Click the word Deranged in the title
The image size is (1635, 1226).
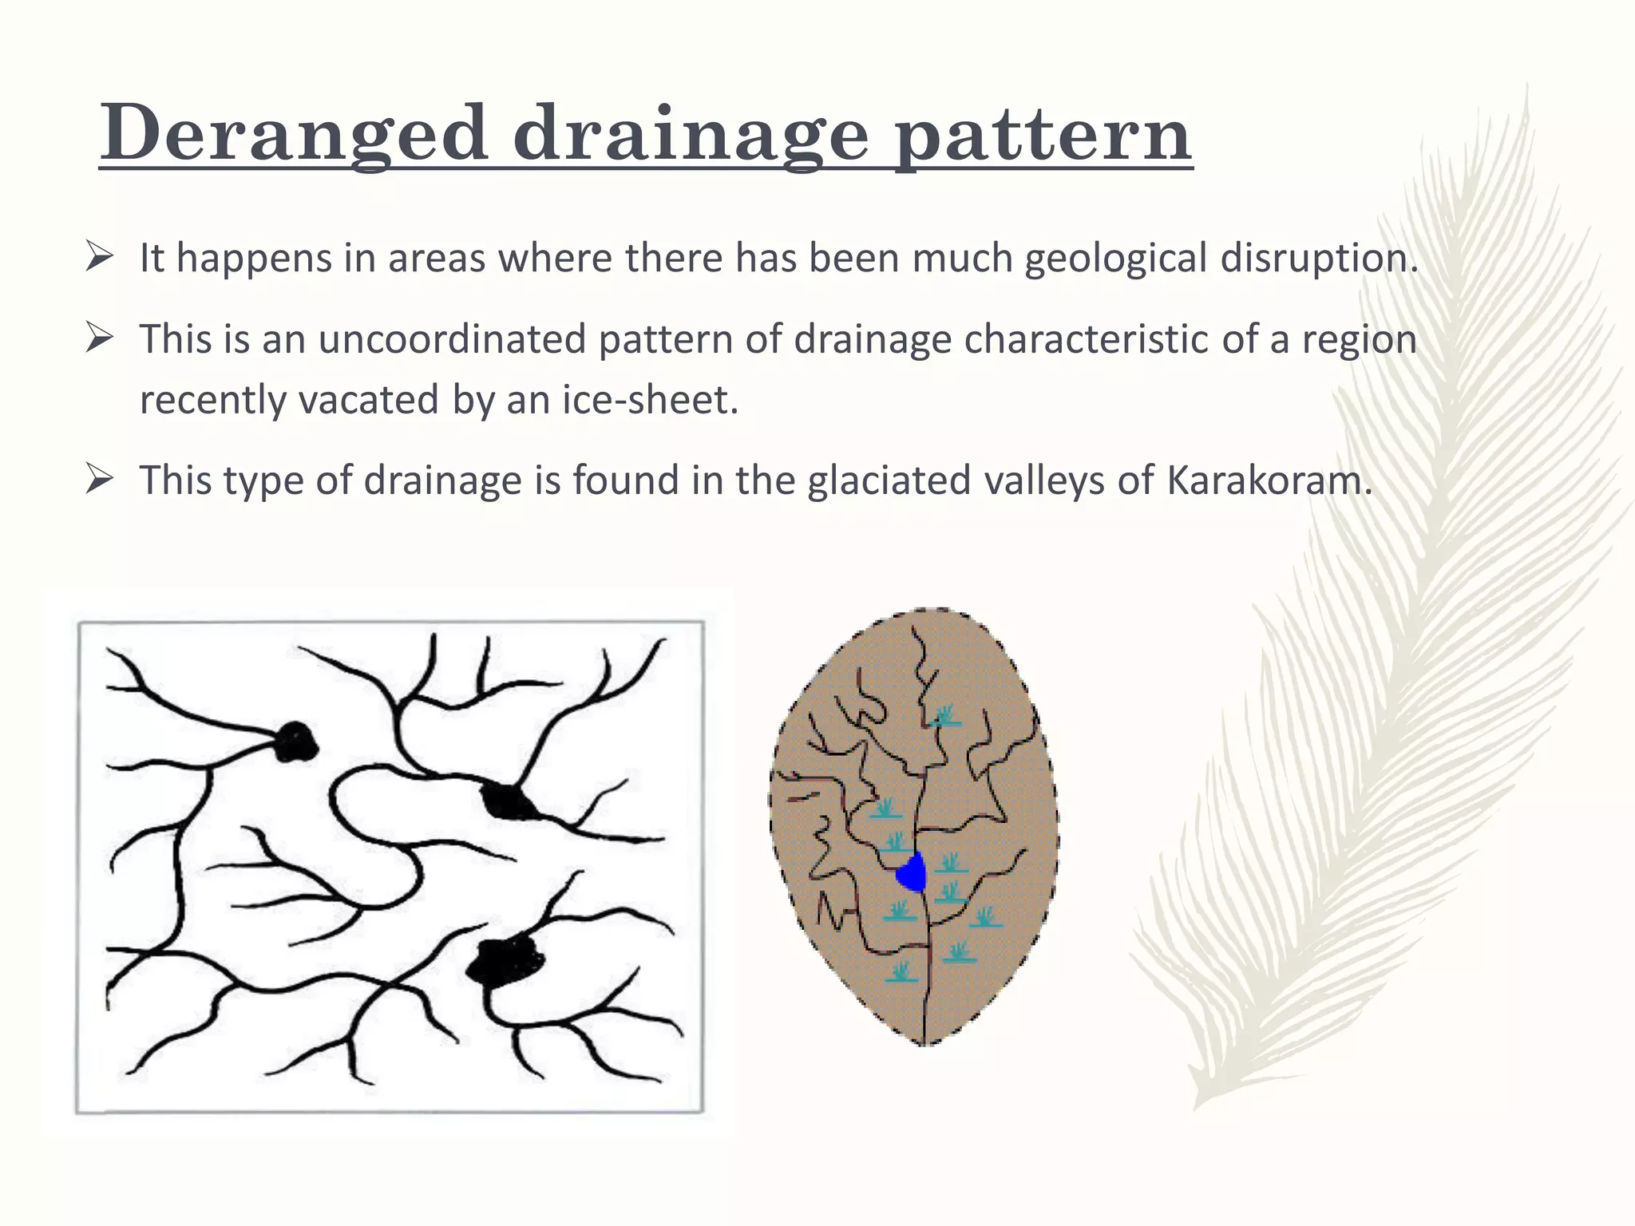tap(293, 133)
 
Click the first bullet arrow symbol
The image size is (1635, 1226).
tap(99, 258)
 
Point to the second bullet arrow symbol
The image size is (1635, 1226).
tap(99, 338)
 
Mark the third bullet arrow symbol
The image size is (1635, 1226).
tap(99, 480)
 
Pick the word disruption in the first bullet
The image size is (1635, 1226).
tap(1319, 259)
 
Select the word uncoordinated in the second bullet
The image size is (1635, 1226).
tap(452, 339)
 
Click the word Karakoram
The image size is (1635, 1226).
tap(1269, 481)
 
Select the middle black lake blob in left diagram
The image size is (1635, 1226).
tap(507, 801)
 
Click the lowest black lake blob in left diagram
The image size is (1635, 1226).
tap(503, 960)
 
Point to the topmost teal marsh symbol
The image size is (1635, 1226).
tap(945, 715)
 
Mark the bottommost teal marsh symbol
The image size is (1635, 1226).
tap(900, 972)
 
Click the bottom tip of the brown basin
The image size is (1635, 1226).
tap(924, 1042)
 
